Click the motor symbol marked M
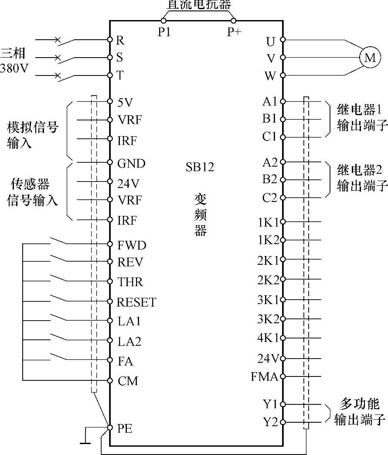pos(370,58)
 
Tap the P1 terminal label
pos(164,32)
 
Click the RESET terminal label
pos(136,302)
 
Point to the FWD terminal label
pos(132,245)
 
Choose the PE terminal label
pos(125,428)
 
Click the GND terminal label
pos(131,164)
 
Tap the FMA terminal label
pos(264,377)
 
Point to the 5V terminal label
pos(125,102)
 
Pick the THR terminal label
pos(130,282)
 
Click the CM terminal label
pos(128,381)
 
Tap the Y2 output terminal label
pos(270,422)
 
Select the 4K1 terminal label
pos(268,338)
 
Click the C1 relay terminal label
pos(269,137)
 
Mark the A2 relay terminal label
pos(270,162)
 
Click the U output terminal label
pos(271,41)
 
